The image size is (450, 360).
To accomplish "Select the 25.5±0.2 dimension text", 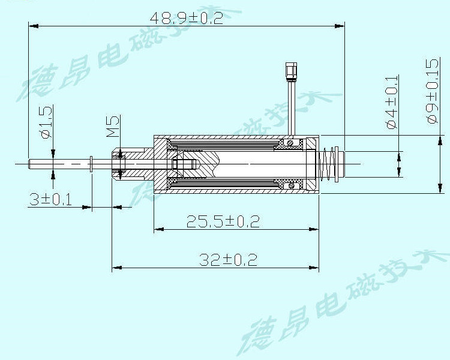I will pos(223,221).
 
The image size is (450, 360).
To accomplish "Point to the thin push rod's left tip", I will pos(30,163).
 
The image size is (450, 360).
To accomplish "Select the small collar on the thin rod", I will pos(91,163).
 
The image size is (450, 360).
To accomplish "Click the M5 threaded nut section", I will pos(118,163).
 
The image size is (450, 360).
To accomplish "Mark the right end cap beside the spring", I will pos(340,164).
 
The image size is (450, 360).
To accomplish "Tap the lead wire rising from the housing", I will pos(291,108).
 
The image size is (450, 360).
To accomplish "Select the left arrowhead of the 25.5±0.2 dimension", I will pos(157,229).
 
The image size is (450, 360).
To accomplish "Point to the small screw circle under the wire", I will pos(290,143).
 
